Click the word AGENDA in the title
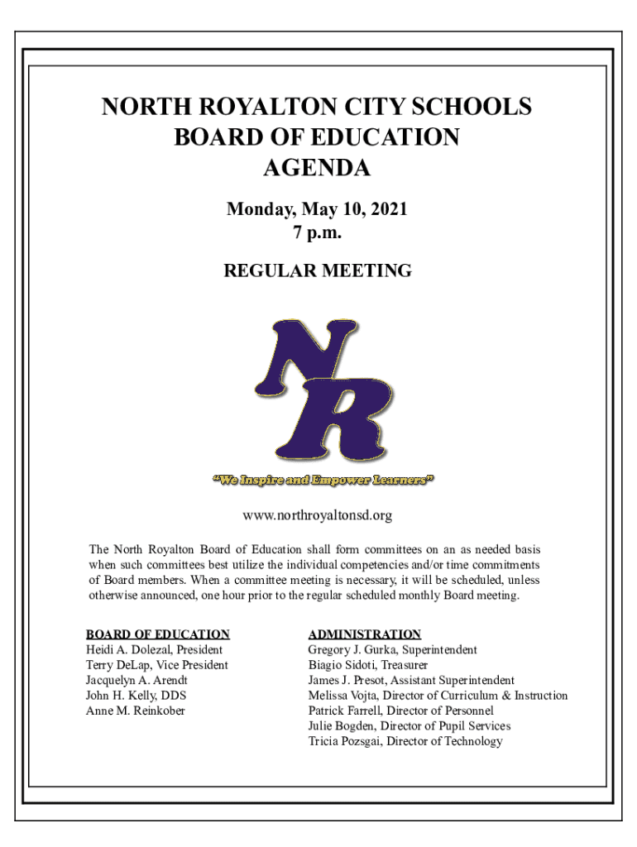coord(317,168)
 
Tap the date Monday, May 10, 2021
coord(317,210)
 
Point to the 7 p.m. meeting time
coord(317,233)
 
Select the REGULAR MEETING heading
coord(317,270)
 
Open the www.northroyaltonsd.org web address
coord(317,516)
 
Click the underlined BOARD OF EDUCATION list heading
coord(157,634)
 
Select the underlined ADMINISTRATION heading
coord(365,634)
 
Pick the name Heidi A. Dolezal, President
coord(155,650)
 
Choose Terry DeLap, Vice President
coord(157,665)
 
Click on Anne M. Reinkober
coord(136,711)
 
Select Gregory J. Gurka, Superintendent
coord(392,650)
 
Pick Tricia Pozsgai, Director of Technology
coord(405,741)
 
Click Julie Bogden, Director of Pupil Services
coord(409,726)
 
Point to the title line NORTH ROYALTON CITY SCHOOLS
coord(317,107)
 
